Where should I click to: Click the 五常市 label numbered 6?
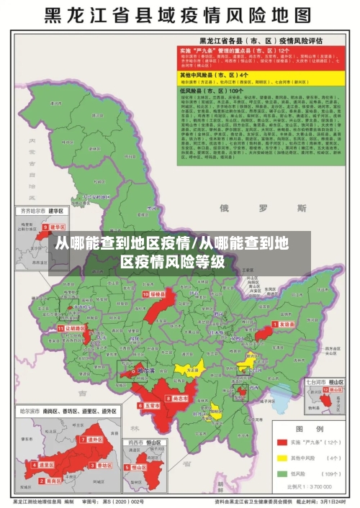[x=148, y=406]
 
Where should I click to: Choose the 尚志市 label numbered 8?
[x=177, y=397]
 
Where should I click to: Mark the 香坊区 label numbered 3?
[x=104, y=465]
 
